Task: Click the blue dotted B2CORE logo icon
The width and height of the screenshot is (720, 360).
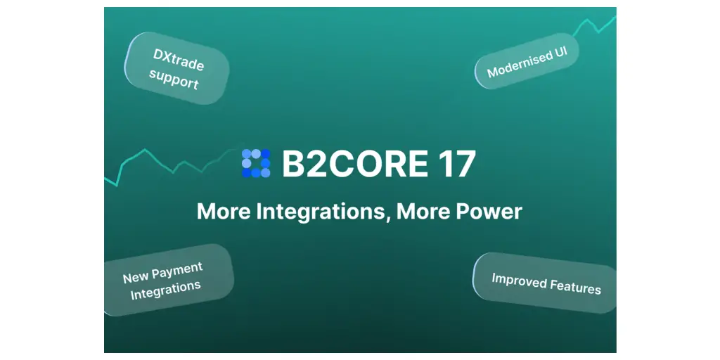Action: click(256, 163)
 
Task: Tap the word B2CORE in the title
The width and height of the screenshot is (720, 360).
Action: click(355, 163)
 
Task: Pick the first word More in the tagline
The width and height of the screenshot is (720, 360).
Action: click(224, 211)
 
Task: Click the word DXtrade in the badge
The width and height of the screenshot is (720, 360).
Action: click(179, 60)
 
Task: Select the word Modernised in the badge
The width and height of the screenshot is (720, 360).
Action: click(515, 65)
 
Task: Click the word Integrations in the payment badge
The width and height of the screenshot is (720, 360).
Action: click(166, 290)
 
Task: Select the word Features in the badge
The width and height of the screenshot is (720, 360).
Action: click(576, 287)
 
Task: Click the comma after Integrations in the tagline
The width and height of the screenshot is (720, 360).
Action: click(388, 219)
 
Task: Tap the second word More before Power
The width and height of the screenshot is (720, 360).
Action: click(423, 211)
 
